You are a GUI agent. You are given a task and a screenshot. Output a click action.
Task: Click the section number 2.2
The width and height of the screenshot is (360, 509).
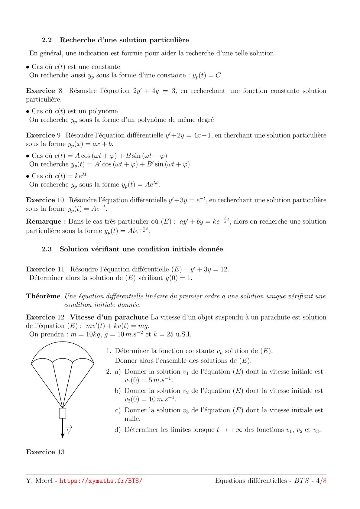pyautogui.click(x=47, y=40)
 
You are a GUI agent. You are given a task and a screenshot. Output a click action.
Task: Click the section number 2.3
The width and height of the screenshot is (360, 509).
pyautogui.click(x=47, y=249)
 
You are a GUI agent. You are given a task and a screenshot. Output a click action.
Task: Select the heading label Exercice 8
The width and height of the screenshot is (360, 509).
pyautogui.click(x=44, y=91)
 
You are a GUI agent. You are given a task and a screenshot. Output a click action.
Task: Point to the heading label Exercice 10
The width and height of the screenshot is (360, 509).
pyautogui.click(x=45, y=200)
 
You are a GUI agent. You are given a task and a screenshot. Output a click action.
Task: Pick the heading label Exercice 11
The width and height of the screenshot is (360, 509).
pyautogui.click(x=45, y=269)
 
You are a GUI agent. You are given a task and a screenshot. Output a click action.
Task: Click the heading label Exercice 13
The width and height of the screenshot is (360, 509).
pyautogui.click(x=45, y=452)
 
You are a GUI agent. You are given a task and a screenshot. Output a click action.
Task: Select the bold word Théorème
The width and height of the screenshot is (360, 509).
pyautogui.click(x=43, y=297)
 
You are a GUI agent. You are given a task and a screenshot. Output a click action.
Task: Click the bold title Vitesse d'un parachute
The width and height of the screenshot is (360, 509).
pyautogui.click(x=109, y=317)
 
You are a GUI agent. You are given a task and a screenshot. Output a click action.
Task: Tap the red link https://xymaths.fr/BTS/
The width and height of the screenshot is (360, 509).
pyautogui.click(x=101, y=481)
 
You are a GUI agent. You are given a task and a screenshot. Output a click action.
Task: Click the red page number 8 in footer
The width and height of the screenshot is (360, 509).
pyautogui.click(x=325, y=481)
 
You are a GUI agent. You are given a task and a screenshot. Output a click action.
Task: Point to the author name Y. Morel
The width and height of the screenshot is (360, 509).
pyautogui.click(x=39, y=481)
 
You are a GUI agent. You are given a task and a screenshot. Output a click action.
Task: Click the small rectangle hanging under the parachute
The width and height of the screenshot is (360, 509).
pyautogui.click(x=63, y=413)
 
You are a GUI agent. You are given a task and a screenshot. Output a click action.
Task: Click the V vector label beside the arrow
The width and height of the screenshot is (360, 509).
pyautogui.click(x=69, y=430)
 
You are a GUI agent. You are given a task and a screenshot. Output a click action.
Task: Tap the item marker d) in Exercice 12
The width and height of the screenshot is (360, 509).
pyautogui.click(x=118, y=430)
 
